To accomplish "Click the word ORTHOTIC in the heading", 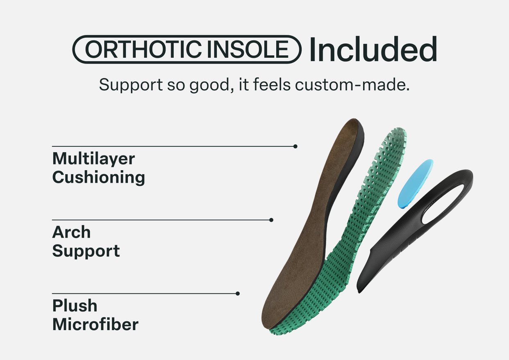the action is click(143, 49).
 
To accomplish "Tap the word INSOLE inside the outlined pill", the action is click(248, 49).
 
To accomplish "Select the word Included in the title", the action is click(373, 49).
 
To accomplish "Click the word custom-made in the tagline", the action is click(352, 85).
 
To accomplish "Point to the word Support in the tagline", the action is click(131, 85).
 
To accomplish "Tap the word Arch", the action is click(71, 232).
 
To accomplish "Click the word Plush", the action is click(75, 306).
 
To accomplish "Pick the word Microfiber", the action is click(95, 324).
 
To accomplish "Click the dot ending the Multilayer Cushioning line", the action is click(295, 146).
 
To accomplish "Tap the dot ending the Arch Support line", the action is click(271, 220).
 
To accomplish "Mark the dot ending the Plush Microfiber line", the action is click(238, 294).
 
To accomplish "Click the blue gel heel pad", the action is click(415, 184).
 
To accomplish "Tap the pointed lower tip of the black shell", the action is click(359, 292).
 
